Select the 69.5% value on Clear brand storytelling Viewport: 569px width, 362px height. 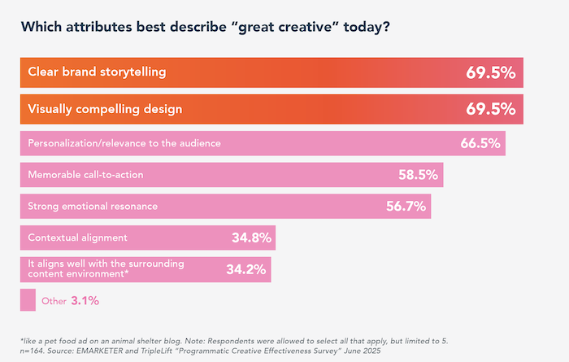click(490, 72)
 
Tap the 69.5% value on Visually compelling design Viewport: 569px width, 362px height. click(490, 109)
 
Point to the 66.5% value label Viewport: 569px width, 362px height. click(480, 143)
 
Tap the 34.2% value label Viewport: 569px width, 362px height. click(246, 269)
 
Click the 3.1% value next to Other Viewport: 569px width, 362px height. click(85, 301)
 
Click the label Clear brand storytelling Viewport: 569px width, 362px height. click(97, 72)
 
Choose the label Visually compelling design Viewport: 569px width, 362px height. click(105, 109)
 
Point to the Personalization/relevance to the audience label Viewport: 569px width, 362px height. click(124, 143)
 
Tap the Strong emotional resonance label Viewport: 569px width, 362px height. click(93, 206)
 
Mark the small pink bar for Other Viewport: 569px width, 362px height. click(28, 300)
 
